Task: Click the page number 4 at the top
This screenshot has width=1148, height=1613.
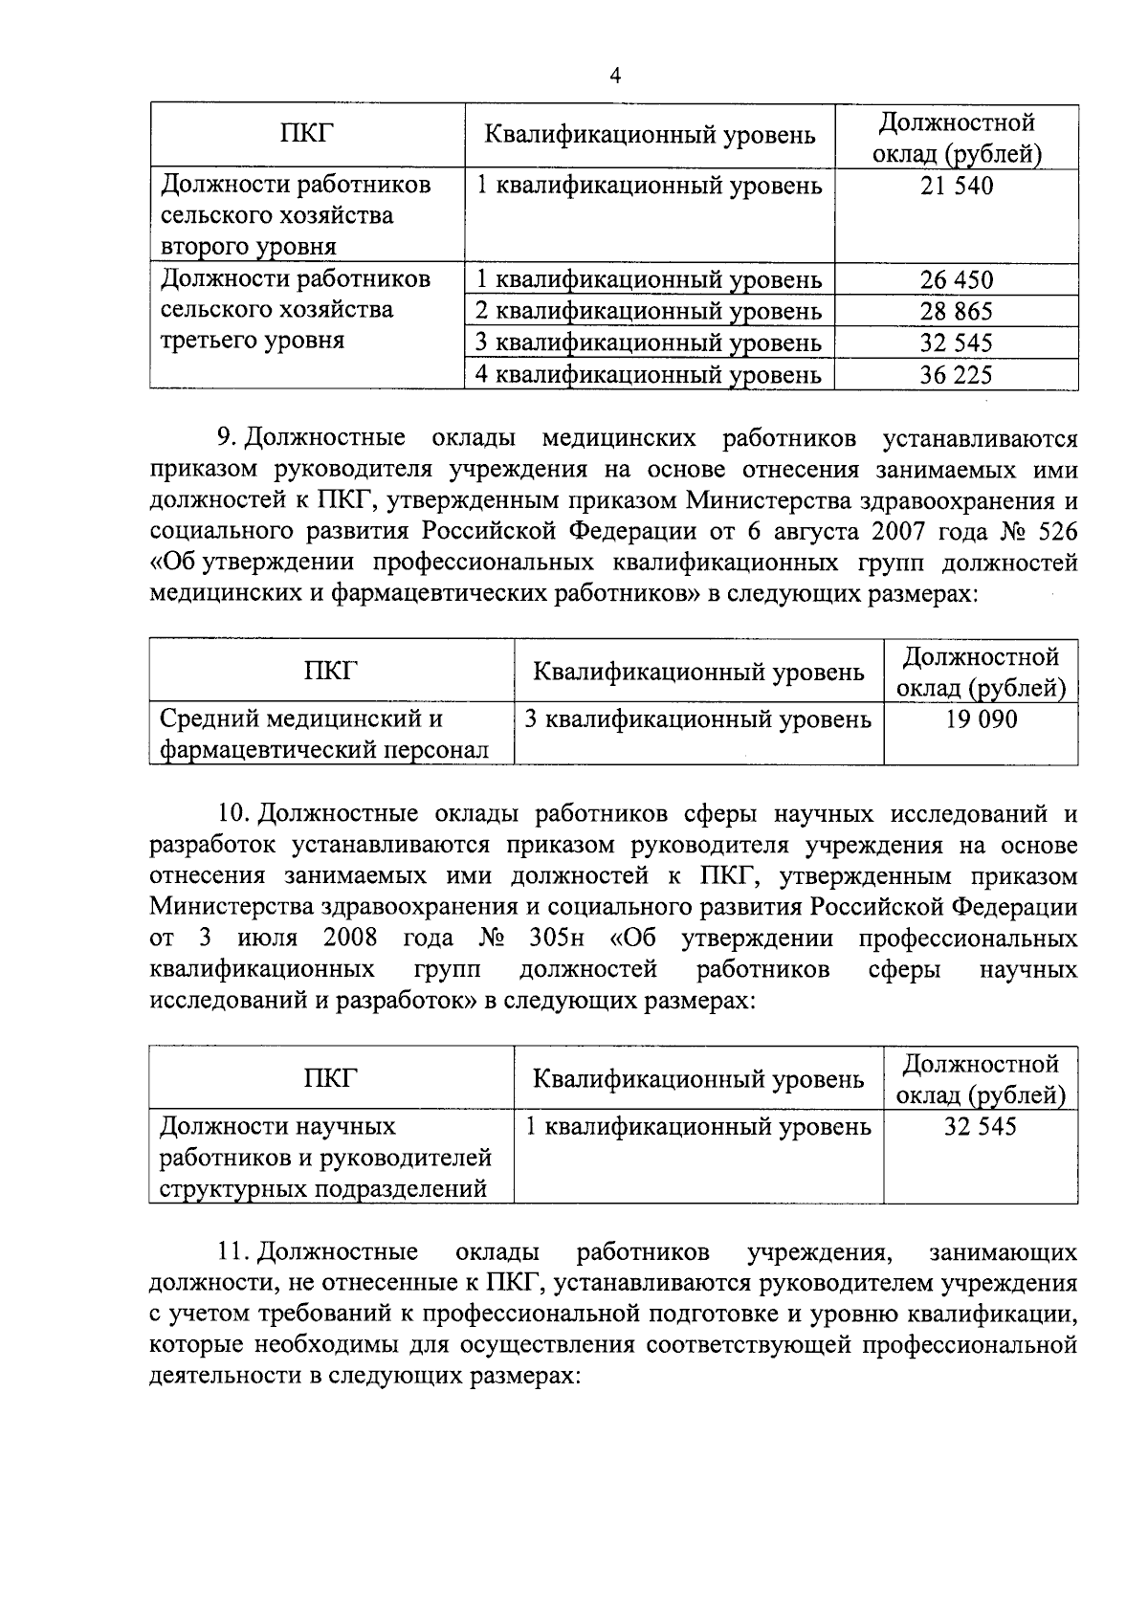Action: point(615,77)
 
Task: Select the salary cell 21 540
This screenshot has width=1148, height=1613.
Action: point(957,186)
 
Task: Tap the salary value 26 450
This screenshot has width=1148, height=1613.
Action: point(957,280)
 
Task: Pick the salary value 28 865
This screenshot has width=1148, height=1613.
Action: point(957,312)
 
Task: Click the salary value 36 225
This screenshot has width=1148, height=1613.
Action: point(957,375)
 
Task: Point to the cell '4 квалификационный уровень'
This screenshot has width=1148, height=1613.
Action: point(649,375)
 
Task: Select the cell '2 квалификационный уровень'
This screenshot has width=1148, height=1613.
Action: point(649,312)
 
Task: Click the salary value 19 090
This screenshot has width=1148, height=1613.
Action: point(981,719)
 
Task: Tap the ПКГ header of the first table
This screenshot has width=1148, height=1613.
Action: point(306,135)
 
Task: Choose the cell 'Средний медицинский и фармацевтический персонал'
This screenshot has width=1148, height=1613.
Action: point(323,734)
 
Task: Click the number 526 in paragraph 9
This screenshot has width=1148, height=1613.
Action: point(1053,531)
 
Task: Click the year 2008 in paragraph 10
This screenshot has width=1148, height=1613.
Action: point(349,938)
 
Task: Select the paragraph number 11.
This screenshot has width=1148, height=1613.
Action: point(233,1252)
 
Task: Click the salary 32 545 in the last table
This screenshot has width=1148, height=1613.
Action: point(981,1127)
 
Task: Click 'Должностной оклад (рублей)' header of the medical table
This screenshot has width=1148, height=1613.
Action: point(981,673)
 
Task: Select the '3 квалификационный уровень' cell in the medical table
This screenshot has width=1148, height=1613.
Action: point(698,719)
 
